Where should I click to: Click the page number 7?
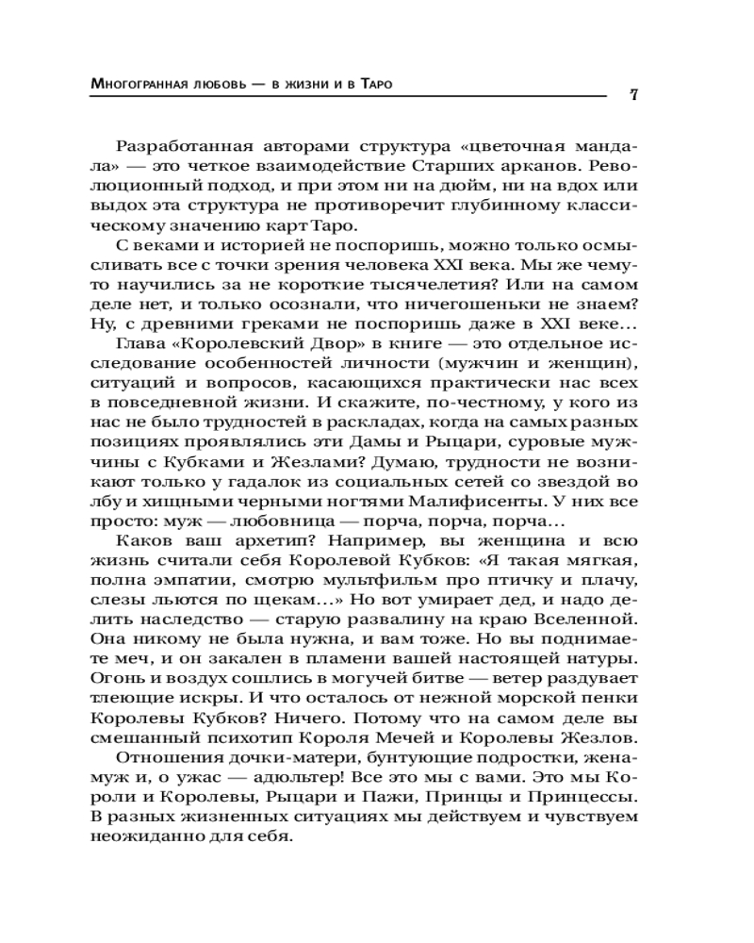pos(634,96)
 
